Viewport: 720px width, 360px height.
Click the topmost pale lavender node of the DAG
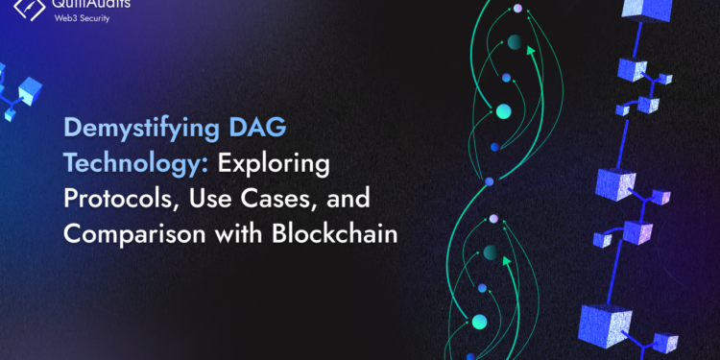(517, 9)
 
